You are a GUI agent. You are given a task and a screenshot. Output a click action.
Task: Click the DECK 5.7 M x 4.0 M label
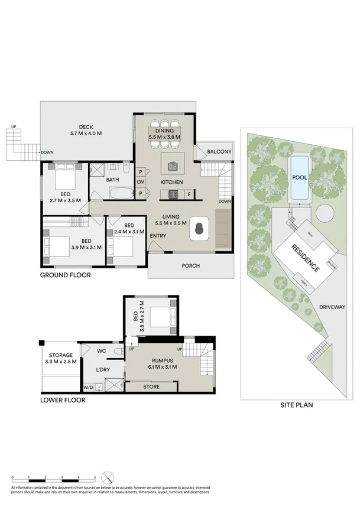point(86,130)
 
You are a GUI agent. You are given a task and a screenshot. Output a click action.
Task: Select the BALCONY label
point(219,152)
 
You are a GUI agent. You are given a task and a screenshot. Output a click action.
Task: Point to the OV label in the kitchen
point(141,182)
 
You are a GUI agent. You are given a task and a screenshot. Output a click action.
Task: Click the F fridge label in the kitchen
point(188,194)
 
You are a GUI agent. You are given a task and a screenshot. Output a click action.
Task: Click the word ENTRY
point(158,236)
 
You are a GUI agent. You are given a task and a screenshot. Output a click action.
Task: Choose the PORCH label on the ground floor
point(190,266)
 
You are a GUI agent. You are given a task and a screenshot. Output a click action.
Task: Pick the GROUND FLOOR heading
point(65,275)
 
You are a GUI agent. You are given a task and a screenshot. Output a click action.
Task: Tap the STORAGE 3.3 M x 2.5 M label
point(61,358)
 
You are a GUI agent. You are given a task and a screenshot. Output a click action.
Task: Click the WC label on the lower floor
point(100,351)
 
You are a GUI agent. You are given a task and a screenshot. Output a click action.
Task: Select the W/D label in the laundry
point(89,388)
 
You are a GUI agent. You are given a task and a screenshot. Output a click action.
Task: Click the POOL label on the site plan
point(299,177)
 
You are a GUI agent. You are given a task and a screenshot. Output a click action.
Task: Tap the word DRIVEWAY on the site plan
point(332,307)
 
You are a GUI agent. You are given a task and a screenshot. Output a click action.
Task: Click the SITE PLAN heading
point(296,405)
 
